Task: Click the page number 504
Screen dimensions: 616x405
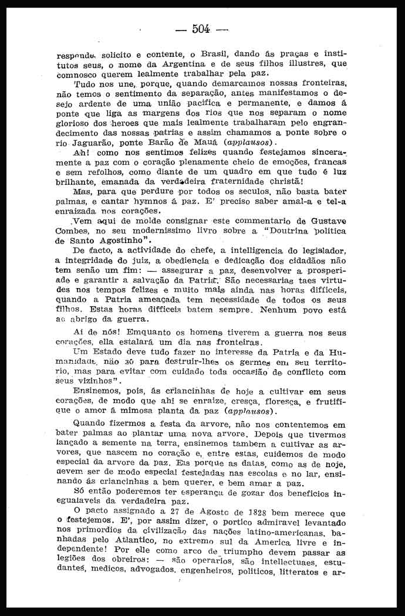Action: (201, 29)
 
